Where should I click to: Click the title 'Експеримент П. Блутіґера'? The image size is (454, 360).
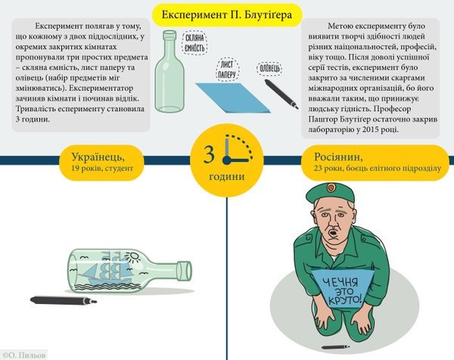pyautogui.click(x=227, y=15)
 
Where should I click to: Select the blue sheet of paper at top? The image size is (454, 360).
pyautogui.click(x=233, y=98)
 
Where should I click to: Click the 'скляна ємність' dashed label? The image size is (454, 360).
pyautogui.click(x=195, y=43)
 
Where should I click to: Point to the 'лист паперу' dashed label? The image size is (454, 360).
pyautogui.click(x=227, y=70)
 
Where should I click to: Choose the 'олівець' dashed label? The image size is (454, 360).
pyautogui.click(x=269, y=69)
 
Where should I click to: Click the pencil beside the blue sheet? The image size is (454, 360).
pyautogui.click(x=281, y=94)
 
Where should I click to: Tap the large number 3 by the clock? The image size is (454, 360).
pyautogui.click(x=209, y=154)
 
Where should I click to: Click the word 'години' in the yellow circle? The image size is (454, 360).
pyautogui.click(x=227, y=177)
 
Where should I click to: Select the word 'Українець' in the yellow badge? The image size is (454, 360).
pyautogui.click(x=98, y=157)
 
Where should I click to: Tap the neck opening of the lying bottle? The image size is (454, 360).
pyautogui.click(x=185, y=271)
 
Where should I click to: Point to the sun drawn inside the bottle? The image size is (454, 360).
pyautogui.click(x=134, y=256)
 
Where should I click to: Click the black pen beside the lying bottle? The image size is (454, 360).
pyautogui.click(x=64, y=300)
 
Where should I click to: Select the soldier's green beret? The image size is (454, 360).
pyautogui.click(x=330, y=193)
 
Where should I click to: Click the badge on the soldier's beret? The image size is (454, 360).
pyautogui.click(x=331, y=188)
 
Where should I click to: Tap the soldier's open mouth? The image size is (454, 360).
pyautogui.click(x=334, y=232)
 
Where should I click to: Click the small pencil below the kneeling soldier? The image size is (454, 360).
pyautogui.click(x=336, y=347)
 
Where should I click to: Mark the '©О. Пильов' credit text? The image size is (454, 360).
pyautogui.click(x=24, y=355)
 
